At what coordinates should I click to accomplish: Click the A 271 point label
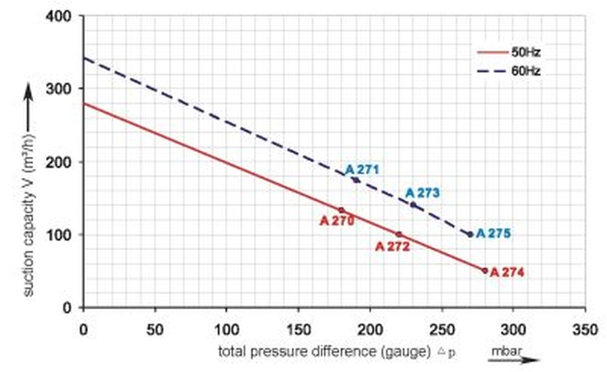pos(362,169)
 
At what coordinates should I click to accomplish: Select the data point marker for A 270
pos(341,211)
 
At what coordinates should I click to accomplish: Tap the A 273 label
pos(422,193)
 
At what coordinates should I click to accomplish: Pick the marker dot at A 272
pos(399,234)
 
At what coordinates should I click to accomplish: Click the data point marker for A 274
pos(485,271)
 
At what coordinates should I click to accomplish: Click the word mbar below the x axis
pos(506,351)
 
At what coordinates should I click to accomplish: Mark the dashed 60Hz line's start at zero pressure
pos(84,58)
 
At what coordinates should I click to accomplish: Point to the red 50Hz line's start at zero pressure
pos(84,103)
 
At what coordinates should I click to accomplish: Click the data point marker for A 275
pos(470,234)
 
